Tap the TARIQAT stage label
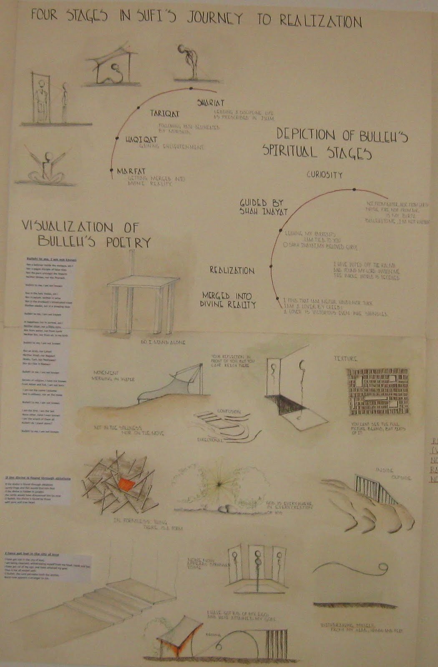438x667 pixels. [164, 113]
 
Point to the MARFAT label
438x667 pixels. [131, 171]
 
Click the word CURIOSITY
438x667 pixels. [324, 175]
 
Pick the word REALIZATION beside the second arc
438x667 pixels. [232, 271]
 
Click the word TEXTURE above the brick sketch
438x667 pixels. [345, 359]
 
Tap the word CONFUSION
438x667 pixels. [229, 411]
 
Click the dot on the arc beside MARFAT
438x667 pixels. [112, 170]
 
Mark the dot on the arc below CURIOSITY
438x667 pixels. [354, 190]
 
